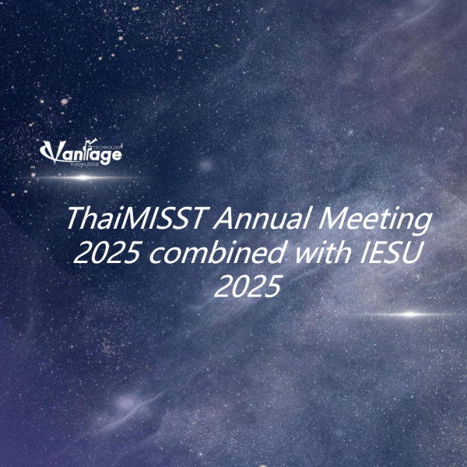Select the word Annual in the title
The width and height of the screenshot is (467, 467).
[262, 217]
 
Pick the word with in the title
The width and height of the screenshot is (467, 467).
[324, 252]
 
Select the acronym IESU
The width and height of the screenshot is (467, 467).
[391, 252]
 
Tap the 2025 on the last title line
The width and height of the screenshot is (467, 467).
[248, 286]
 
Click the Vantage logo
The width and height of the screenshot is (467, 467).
[81, 152]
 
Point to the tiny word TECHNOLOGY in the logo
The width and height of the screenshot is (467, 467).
[108, 147]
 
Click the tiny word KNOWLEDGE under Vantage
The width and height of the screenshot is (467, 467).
[85, 164]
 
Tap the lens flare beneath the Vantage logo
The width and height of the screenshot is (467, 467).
[83, 177]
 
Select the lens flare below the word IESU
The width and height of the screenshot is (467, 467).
[410, 314]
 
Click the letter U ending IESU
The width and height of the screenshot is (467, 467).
[412, 253]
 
